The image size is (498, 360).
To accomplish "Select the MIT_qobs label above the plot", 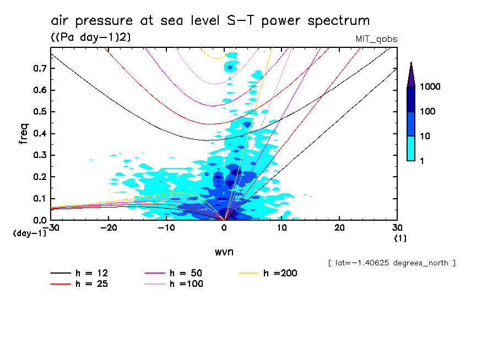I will pos(377,39).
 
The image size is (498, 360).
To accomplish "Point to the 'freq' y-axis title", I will pos(24,134).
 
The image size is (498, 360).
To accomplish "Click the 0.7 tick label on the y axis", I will pos(39,68).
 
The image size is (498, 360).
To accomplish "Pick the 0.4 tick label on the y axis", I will pos(39,134).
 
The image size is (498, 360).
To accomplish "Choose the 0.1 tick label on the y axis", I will pos(39,199).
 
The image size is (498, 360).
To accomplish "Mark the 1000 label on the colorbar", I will pos(431,87).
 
